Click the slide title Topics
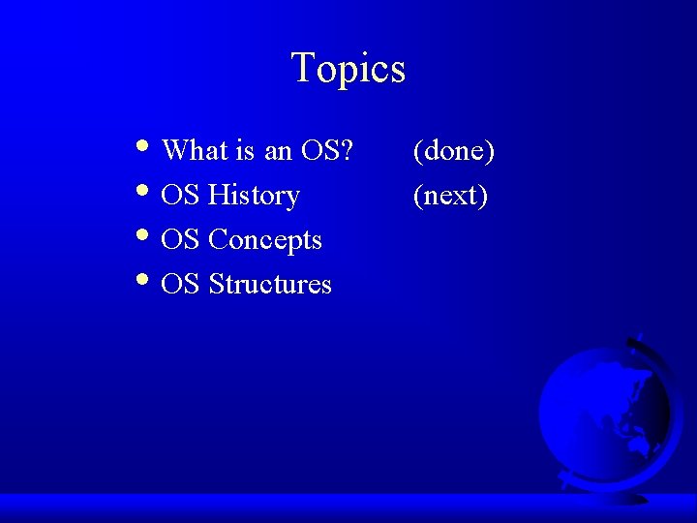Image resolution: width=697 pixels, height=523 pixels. click(348, 69)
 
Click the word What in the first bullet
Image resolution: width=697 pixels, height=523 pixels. click(195, 150)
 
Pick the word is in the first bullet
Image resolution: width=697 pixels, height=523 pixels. click(245, 150)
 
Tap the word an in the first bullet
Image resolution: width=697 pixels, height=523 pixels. click(278, 151)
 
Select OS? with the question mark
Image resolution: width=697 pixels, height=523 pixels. click(327, 150)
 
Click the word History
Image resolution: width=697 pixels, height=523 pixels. click(254, 196)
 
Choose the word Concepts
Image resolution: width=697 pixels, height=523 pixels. click(265, 240)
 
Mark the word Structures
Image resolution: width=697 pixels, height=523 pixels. click(270, 285)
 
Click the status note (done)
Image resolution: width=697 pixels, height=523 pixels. click(454, 151)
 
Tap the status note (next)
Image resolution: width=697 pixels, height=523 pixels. click(450, 196)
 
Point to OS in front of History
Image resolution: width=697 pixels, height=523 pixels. click(181, 196)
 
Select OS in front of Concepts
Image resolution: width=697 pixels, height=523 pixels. click(181, 240)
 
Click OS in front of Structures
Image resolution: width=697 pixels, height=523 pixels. click(181, 285)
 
